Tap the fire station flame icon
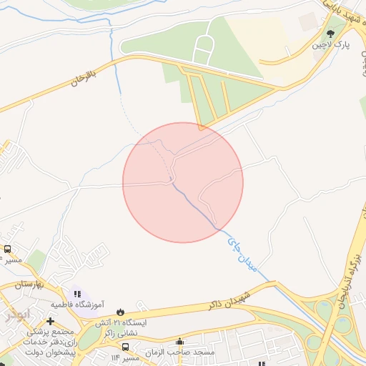pyautogui.click(x=119, y=310)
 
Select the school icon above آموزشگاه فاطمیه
pyautogui.click(x=76, y=293)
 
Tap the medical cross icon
pyautogui.click(x=50, y=320)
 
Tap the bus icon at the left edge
pyautogui.click(x=7, y=249)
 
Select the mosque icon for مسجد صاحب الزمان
pyautogui.click(x=179, y=342)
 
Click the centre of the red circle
pyautogui.click(x=183, y=182)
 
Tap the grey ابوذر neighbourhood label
pyautogui.click(x=17, y=313)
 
